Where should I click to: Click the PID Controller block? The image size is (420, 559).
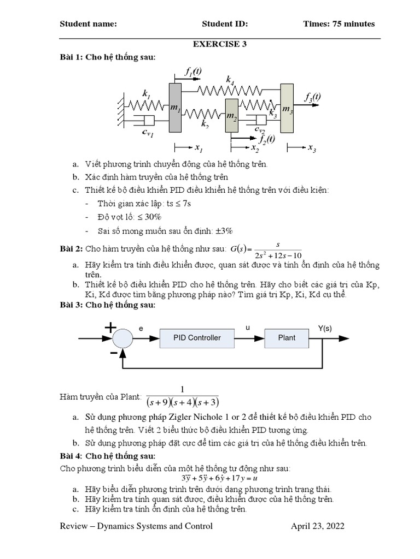pyautogui.click(x=197, y=338)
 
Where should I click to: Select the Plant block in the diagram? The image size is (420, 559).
pyautogui.click(x=286, y=338)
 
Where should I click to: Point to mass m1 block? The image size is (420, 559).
pyautogui.click(x=175, y=108)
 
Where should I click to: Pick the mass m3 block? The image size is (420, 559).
pyautogui.click(x=287, y=108)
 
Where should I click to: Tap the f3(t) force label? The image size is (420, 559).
pyautogui.click(x=313, y=97)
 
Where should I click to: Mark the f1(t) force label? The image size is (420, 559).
pyautogui.click(x=193, y=71)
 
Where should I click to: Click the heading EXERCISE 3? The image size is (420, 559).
pyautogui.click(x=218, y=44)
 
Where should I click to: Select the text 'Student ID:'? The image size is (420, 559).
pyautogui.click(x=225, y=24)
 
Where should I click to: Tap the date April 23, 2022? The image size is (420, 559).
pyautogui.click(x=317, y=526)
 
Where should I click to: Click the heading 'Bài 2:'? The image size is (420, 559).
pyautogui.click(x=71, y=249)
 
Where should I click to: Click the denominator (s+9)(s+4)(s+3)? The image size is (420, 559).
pyautogui.click(x=182, y=403)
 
